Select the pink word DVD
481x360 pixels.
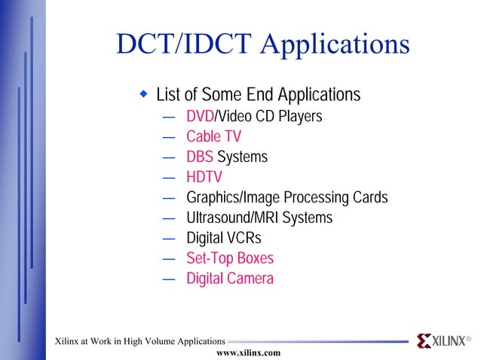(200, 117)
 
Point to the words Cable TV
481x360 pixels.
(214, 137)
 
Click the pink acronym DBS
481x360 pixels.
(200, 157)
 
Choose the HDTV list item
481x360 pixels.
(204, 178)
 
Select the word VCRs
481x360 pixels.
(244, 239)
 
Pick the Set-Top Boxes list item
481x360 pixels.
(230, 259)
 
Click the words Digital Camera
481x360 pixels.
(230, 279)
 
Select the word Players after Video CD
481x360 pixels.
(302, 117)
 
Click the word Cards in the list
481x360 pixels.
(369, 198)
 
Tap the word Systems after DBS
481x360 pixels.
(243, 157)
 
